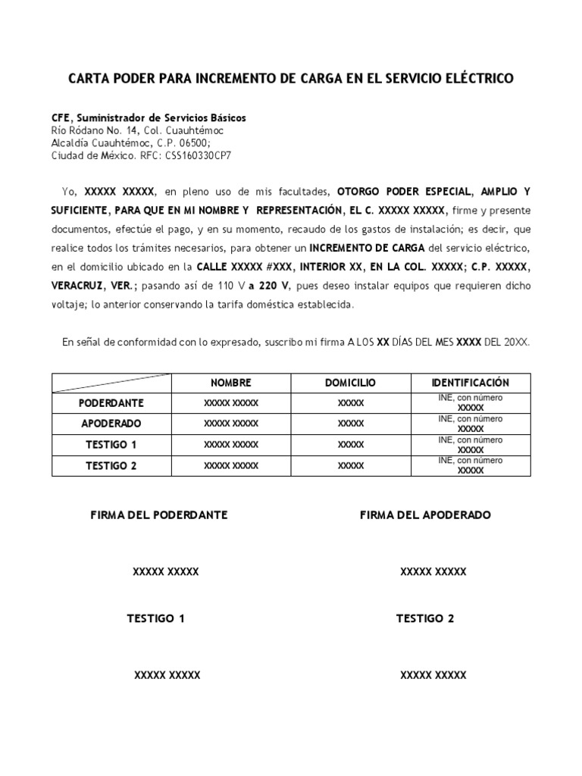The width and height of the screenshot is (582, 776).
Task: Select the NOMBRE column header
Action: tap(231, 383)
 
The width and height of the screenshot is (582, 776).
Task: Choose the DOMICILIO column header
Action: tap(350, 383)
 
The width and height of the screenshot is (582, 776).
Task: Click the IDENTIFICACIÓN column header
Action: tap(471, 383)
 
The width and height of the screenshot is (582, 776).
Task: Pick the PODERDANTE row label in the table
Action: tap(111, 402)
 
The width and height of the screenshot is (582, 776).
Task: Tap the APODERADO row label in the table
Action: tap(111, 424)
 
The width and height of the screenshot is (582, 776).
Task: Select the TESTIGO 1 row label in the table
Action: tap(111, 445)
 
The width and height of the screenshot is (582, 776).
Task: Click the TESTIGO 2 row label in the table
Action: tap(111, 466)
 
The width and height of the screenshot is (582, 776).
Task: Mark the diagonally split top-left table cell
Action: tap(111, 383)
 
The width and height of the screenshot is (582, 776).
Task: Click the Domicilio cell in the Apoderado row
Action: tap(350, 424)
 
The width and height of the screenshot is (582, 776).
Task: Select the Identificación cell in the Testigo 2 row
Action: tap(471, 465)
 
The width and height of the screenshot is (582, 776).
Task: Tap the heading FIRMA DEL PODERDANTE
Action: tap(159, 515)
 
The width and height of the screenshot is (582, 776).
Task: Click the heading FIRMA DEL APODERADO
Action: tap(425, 515)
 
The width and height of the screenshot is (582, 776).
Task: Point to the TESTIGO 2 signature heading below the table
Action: tap(425, 618)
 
